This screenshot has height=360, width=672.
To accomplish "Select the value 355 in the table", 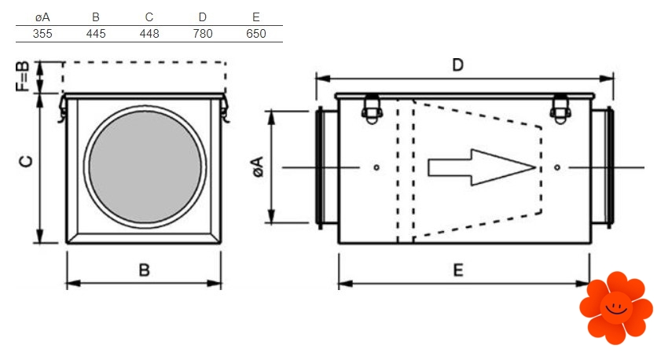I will click(42, 34).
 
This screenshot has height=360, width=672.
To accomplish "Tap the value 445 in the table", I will click(96, 34).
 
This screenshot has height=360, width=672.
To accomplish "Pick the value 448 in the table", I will click(149, 34).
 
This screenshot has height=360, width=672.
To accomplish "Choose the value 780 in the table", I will click(203, 34).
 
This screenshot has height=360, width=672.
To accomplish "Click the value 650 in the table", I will click(256, 34).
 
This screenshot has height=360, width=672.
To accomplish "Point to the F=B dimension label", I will click(24, 77).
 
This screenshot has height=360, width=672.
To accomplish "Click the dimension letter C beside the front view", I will click(26, 162).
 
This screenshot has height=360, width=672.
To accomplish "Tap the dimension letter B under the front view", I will click(144, 270).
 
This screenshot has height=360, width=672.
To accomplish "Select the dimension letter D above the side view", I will click(457, 65).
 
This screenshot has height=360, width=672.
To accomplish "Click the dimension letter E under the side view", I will click(458, 270).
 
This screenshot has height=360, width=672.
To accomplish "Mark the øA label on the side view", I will click(258, 167).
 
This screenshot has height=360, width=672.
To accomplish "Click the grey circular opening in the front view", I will click(143, 167).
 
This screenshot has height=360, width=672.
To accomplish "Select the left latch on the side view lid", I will click(369, 107).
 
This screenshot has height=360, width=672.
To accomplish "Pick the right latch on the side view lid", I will click(560, 107).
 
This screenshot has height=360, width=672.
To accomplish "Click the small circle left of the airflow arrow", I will click(377, 167).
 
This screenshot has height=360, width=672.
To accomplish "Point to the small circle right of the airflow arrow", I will click(557, 167).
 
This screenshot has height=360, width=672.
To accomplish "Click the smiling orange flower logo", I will click(615, 307).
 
